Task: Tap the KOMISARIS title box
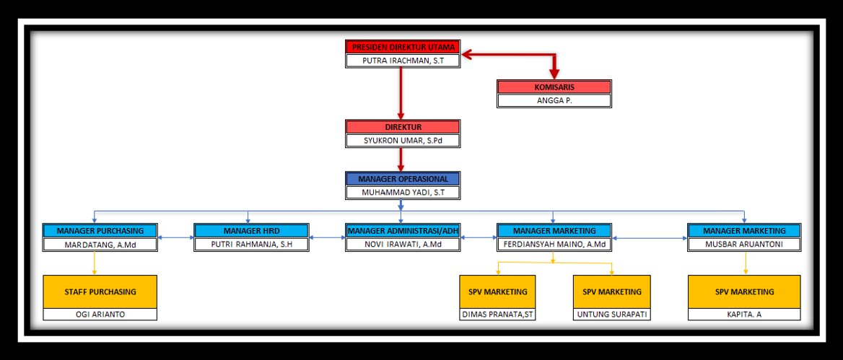554,87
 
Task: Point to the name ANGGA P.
554,100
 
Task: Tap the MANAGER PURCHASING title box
100,231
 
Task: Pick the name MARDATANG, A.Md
100,244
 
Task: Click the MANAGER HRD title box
251,231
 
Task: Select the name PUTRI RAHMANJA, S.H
251,244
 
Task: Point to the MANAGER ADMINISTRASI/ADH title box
403,231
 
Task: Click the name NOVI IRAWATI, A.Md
403,244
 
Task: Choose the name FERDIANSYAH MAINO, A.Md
554,244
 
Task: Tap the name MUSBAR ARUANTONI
744,244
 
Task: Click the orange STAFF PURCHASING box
100,291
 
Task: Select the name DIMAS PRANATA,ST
497,315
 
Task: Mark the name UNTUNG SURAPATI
612,315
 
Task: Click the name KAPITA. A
744,315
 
